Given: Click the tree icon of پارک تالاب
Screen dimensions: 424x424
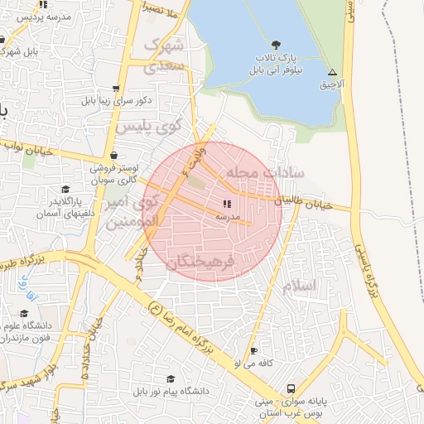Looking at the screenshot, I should [x=276, y=45].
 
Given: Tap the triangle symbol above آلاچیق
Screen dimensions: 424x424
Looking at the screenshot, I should [x=333, y=73].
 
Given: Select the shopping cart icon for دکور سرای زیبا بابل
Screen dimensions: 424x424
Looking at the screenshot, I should [x=114, y=89].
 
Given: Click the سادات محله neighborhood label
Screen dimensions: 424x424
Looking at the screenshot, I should [x=271, y=172].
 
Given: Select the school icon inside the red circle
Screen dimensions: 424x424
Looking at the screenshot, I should [x=226, y=204].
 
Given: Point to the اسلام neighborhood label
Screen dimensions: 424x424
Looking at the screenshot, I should [x=299, y=286].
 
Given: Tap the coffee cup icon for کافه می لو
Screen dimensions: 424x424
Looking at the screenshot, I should [x=253, y=350].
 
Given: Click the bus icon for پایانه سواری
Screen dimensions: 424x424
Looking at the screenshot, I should [x=291, y=389].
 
